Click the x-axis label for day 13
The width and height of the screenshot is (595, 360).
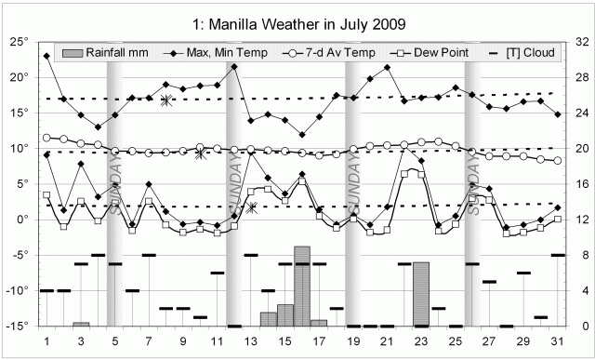(x=251, y=341)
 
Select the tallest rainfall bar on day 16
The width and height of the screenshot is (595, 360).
(x=302, y=287)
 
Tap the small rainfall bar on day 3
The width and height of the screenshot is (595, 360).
(x=81, y=324)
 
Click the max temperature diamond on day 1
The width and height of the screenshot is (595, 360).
(x=47, y=56)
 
